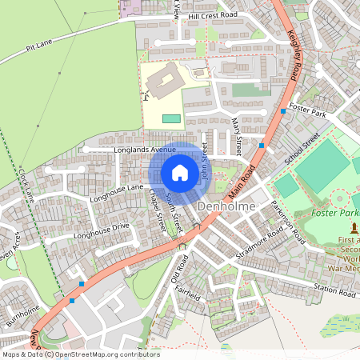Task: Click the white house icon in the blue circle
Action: [180, 172]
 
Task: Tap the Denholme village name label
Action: [226, 206]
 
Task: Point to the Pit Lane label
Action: [39, 48]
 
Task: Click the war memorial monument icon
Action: [354, 229]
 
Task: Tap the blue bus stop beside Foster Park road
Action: [283, 111]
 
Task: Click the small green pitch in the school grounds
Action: [171, 118]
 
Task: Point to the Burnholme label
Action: [22, 312]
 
